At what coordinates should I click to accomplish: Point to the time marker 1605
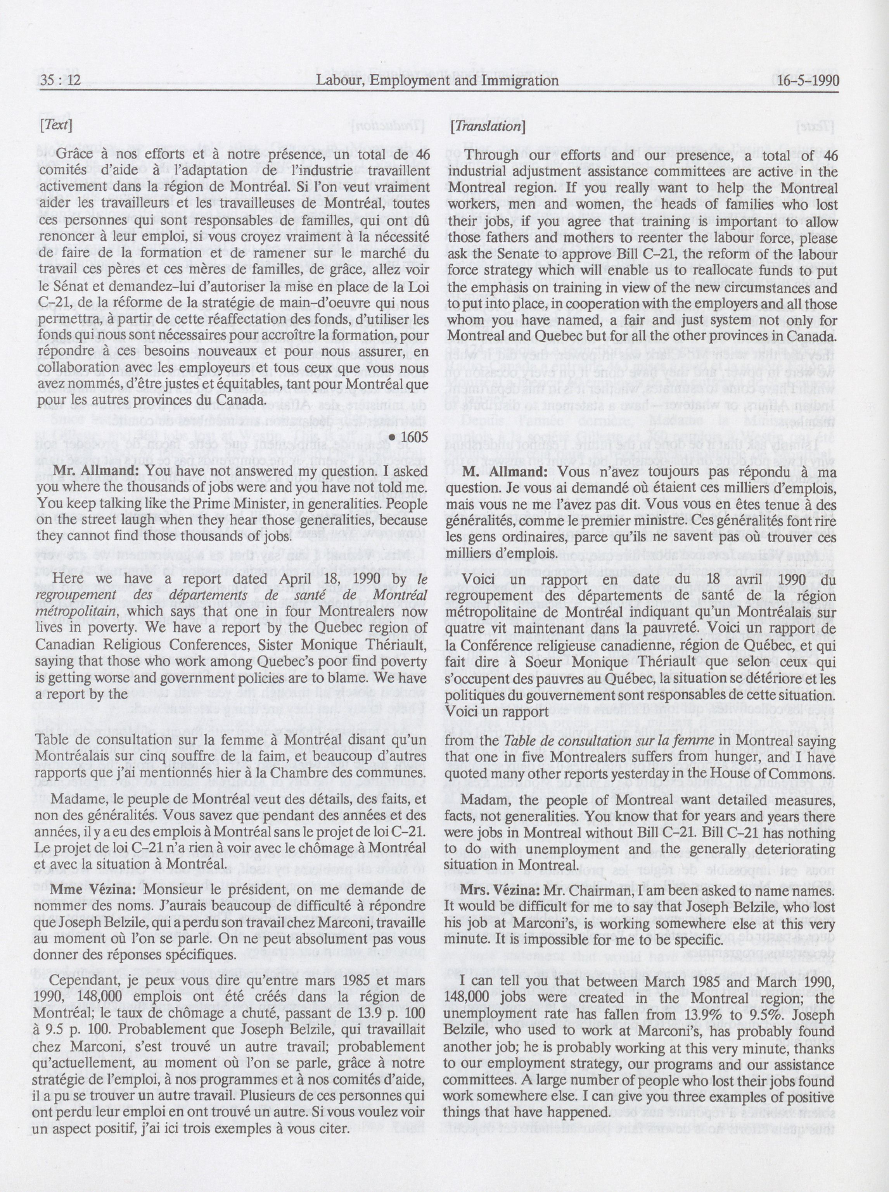409,438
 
